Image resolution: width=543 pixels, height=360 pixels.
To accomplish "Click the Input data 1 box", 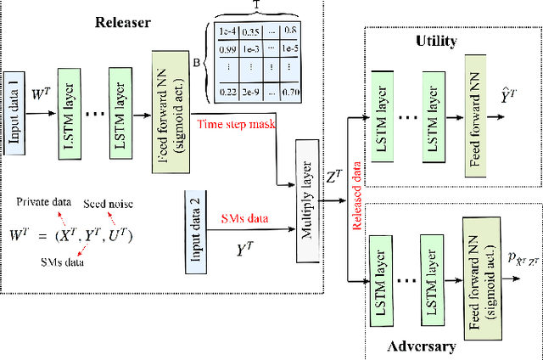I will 14,98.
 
